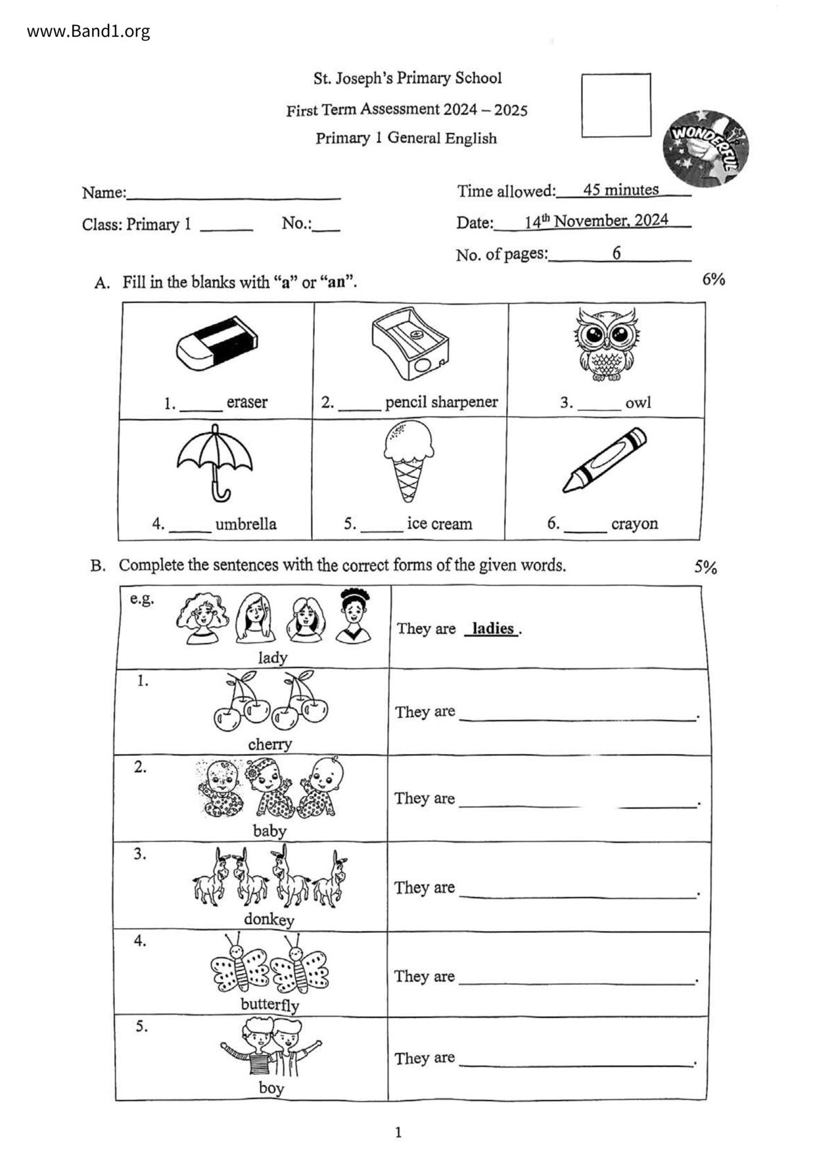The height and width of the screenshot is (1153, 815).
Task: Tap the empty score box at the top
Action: tap(616, 105)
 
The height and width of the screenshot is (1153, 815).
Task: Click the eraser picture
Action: tap(216, 342)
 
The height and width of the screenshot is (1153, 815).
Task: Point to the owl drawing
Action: tap(606, 343)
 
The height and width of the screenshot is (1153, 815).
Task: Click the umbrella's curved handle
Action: tap(220, 491)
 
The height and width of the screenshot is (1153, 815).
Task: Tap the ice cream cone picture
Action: tap(408, 459)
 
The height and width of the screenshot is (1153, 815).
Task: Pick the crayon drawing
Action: tap(604, 459)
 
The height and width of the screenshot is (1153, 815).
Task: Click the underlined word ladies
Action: tap(492, 628)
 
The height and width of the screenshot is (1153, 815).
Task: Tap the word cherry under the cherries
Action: tap(269, 744)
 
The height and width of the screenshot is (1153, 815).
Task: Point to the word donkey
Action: tap(269, 919)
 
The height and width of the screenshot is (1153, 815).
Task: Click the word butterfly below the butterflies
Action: tap(269, 1004)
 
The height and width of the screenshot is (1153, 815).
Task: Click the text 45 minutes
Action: tap(620, 190)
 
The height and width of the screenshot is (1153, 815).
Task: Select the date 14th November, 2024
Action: tap(595, 221)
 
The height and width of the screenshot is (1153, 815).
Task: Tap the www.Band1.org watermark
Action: tap(88, 31)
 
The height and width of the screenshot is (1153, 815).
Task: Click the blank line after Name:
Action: tap(233, 195)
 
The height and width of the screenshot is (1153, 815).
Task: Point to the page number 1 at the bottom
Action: tap(398, 1132)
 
